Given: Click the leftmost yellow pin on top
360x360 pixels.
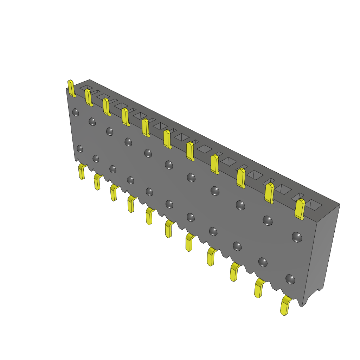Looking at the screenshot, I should pyautogui.click(x=71, y=88).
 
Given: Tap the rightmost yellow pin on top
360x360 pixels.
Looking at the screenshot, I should pyautogui.click(x=300, y=209).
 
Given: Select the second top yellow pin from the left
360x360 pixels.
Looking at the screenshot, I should pyautogui.click(x=88, y=97).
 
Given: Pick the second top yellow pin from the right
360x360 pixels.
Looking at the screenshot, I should pyautogui.click(x=269, y=193).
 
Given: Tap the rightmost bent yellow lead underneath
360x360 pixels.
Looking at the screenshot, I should pyautogui.click(x=285, y=306).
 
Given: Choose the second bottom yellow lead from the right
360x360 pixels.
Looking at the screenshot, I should pyautogui.click(x=259, y=288).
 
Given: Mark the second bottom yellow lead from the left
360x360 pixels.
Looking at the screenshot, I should pyautogui.click(x=97, y=182).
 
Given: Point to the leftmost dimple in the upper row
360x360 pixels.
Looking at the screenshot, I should pyautogui.click(x=76, y=112).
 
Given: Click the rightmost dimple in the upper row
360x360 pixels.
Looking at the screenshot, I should pyautogui.click(x=297, y=237).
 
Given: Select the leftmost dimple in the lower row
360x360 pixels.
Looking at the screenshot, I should pyautogui.click(x=80, y=148).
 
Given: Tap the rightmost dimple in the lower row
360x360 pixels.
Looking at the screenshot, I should pyautogui.click(x=290, y=279).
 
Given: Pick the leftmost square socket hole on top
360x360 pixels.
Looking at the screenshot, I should pyautogui.click(x=86, y=86).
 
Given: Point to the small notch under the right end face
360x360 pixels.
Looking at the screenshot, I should pyautogui.click(x=320, y=290).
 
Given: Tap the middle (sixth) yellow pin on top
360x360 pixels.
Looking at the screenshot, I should pyautogui.click(x=167, y=139).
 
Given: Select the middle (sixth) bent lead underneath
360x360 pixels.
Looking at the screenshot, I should pyautogui.click(x=169, y=229).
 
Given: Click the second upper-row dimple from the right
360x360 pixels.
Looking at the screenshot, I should pyautogui.click(x=268, y=220).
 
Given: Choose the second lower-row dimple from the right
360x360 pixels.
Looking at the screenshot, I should pyautogui.click(x=263, y=262).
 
